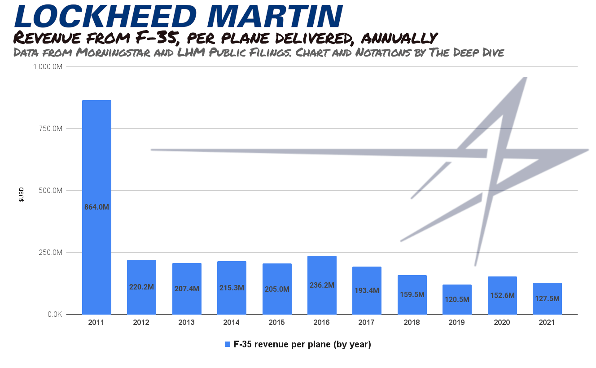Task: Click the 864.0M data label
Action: (x=96, y=207)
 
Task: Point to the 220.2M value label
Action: (x=141, y=287)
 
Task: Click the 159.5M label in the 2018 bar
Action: (x=412, y=295)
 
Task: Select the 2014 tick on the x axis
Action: (x=232, y=323)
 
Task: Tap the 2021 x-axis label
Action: (x=547, y=323)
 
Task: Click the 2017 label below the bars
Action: (x=367, y=323)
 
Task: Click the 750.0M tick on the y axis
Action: (x=50, y=129)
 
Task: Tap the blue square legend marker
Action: (x=227, y=345)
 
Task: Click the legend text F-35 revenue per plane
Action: (x=302, y=345)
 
